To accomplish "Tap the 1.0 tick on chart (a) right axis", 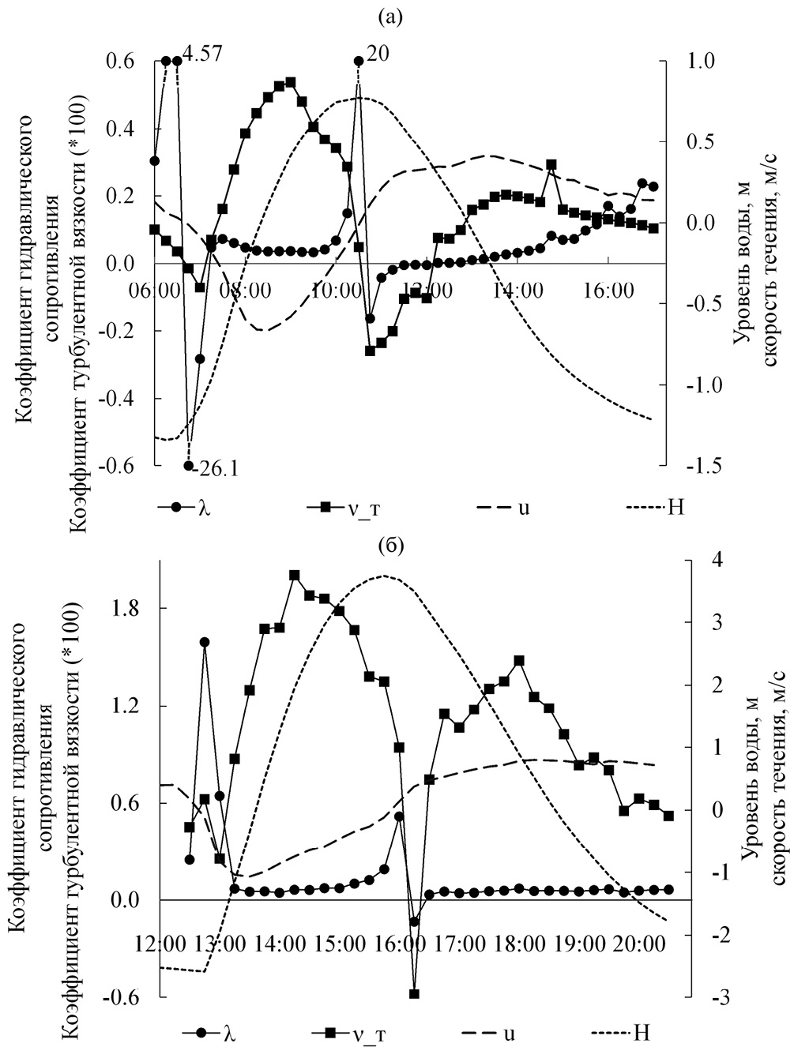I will coord(702,61).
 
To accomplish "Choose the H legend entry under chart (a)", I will coord(675,506).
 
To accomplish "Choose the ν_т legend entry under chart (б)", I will coord(359,1033).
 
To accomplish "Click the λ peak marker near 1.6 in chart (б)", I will coord(205,642).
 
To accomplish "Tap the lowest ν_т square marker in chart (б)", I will coord(413,994).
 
